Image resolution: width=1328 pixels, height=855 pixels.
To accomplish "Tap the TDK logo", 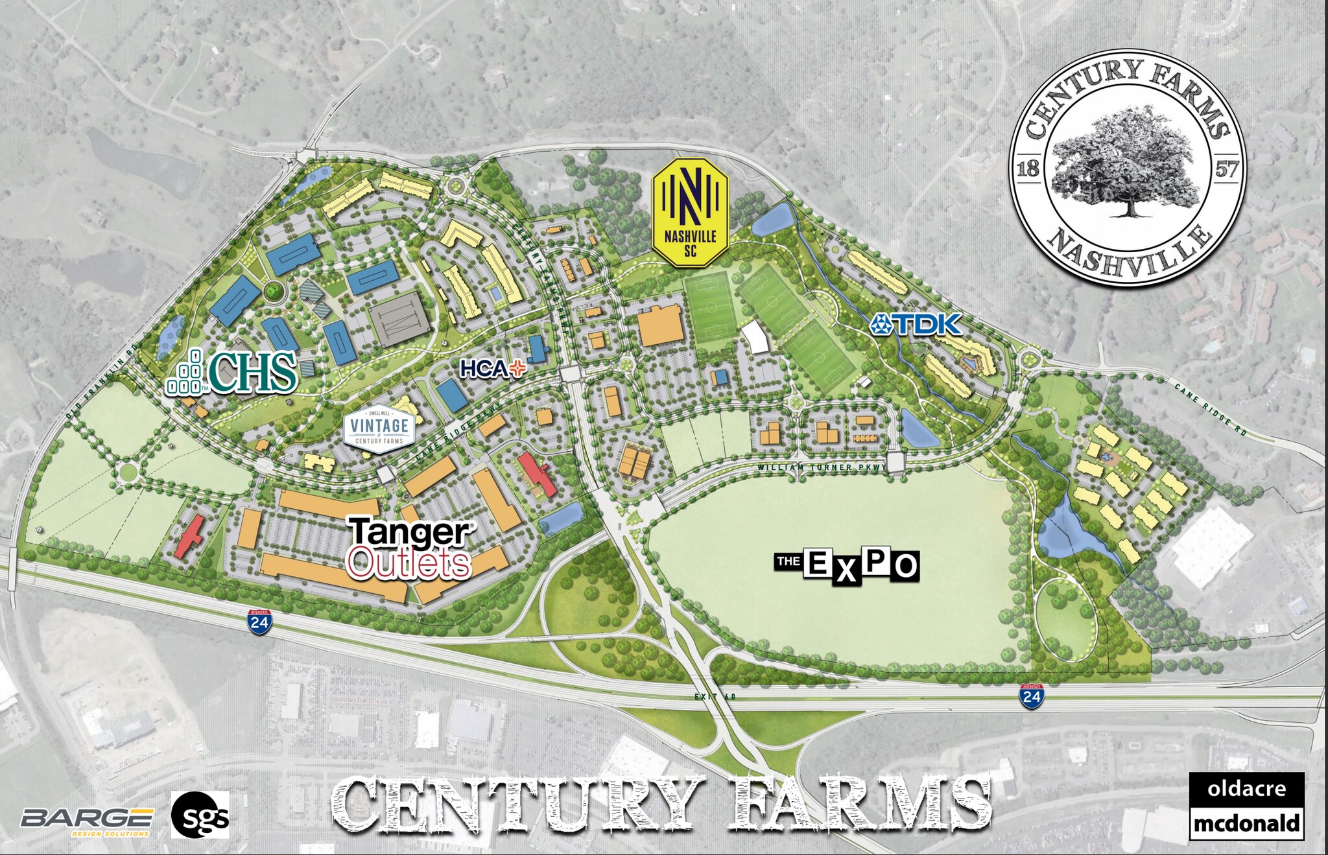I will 916,323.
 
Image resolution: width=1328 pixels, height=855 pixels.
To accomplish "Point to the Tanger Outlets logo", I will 410,548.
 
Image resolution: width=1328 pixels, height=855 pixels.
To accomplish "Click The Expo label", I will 847,565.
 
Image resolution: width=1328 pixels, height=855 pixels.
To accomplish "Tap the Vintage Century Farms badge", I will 379,427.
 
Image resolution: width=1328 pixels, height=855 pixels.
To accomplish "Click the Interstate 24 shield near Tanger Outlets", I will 260,622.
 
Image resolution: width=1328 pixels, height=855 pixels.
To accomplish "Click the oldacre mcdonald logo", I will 1246,806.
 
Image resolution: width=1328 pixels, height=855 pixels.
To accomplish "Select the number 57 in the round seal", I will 1226,170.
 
